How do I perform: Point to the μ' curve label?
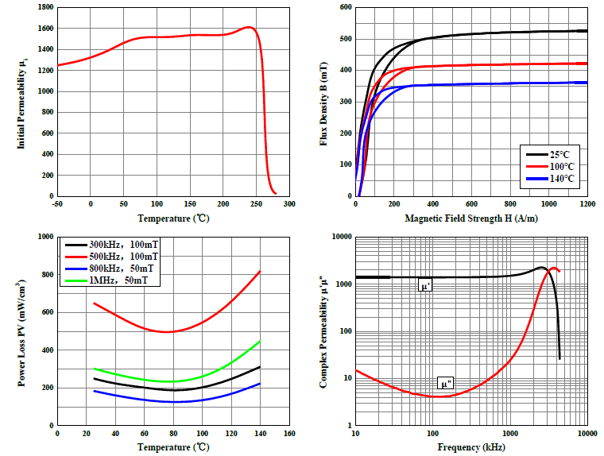[x=425, y=285]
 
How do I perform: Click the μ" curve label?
[x=447, y=385]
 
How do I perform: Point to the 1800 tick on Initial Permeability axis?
[x=45, y=7]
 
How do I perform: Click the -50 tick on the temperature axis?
[x=57, y=204]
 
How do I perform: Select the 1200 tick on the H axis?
[x=587, y=204]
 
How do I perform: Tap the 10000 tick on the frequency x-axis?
[x=587, y=435]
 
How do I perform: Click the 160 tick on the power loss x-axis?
[x=289, y=435]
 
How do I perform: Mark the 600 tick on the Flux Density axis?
[x=345, y=7]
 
